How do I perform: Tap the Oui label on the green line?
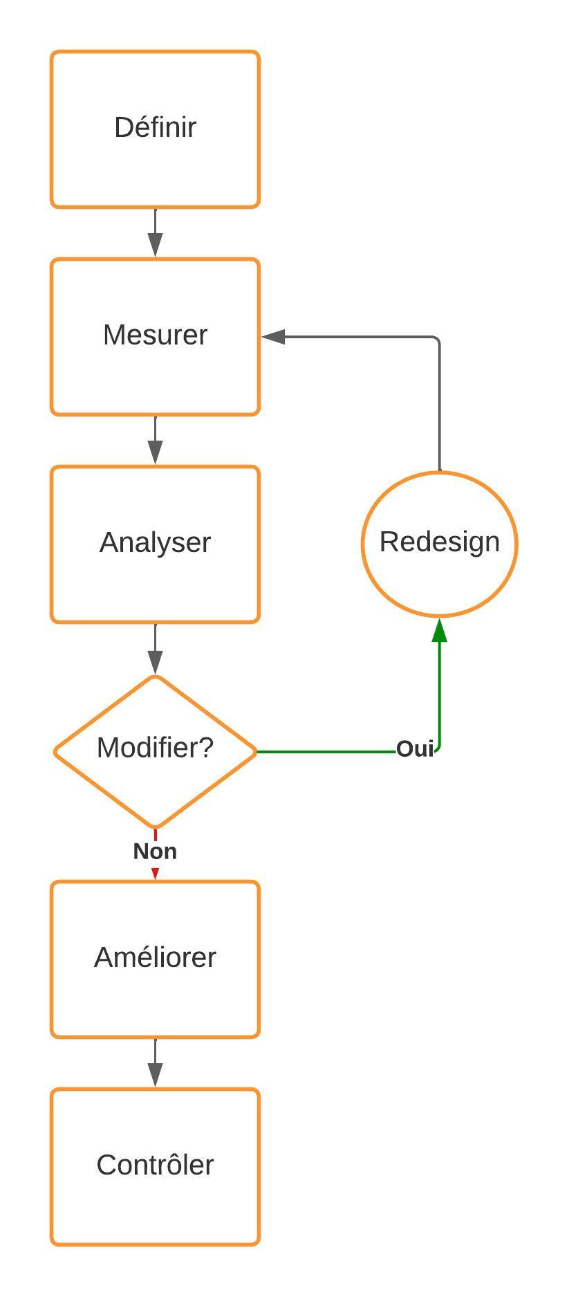(415, 749)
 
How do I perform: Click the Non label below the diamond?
(155, 852)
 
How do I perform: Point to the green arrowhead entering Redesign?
(439, 631)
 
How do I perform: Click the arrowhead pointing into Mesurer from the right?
(274, 337)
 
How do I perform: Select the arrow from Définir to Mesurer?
(155, 233)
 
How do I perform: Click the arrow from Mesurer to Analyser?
(155, 441)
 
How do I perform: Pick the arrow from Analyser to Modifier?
(155, 650)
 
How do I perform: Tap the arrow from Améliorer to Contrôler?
(155, 1064)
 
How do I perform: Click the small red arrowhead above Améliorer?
(155, 874)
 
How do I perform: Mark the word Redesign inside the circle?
(439, 542)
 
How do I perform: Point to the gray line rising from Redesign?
(439, 408)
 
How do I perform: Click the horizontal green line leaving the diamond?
(325, 751)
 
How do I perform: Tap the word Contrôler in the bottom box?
(155, 1165)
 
